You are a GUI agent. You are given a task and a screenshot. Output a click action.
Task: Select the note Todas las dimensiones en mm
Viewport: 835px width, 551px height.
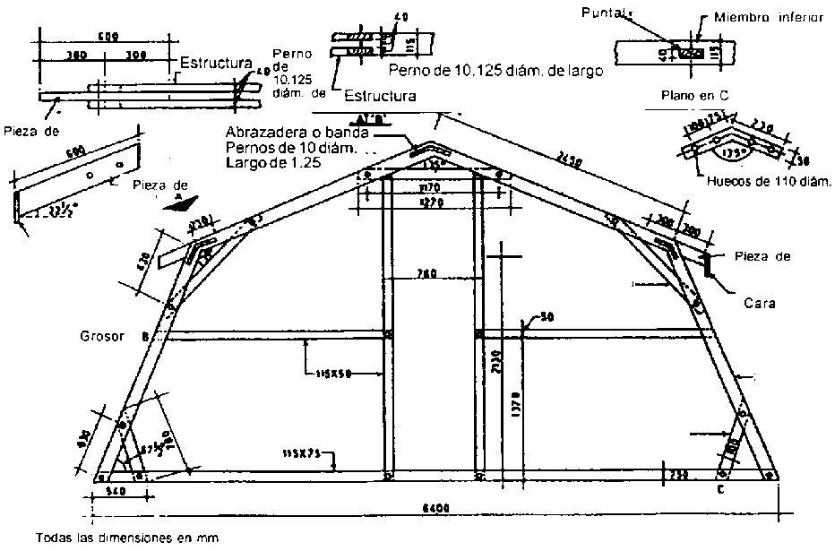click(x=127, y=539)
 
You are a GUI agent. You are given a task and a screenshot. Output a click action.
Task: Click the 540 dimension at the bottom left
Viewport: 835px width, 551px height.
click(x=115, y=492)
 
